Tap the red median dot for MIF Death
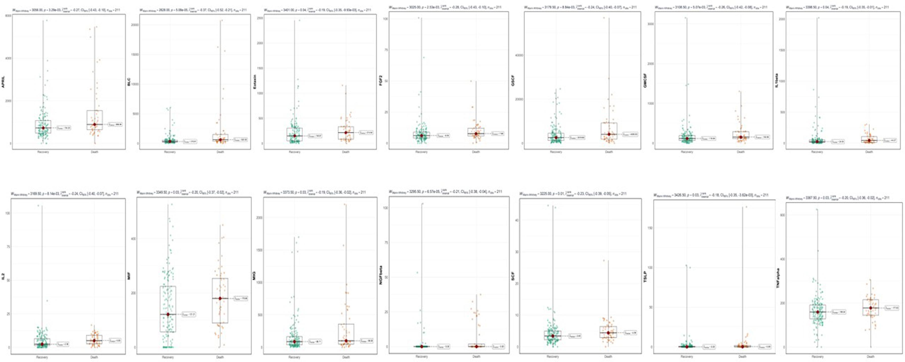pos(220,298)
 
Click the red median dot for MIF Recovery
pos(168,314)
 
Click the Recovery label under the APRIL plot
pos(42,152)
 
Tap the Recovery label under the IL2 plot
pos(42,357)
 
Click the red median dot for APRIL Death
pos(94,125)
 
